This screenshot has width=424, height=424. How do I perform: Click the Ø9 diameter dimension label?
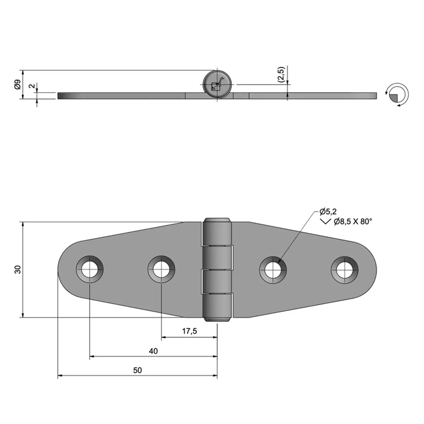[x=16, y=85]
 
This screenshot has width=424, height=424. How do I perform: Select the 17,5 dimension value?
[x=189, y=331]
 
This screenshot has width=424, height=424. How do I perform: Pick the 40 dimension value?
[x=153, y=351]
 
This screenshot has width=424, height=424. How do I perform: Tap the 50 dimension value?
[x=137, y=370]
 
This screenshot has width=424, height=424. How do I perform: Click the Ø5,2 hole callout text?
[x=328, y=212]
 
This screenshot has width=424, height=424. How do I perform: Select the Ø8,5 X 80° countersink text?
[x=353, y=222]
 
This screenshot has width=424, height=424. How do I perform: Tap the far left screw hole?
[x=90, y=270]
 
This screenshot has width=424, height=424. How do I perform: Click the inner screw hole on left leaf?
[x=161, y=270]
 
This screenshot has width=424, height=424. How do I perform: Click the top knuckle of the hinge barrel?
[x=217, y=231]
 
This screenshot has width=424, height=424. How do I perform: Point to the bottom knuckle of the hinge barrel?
[x=217, y=307]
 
